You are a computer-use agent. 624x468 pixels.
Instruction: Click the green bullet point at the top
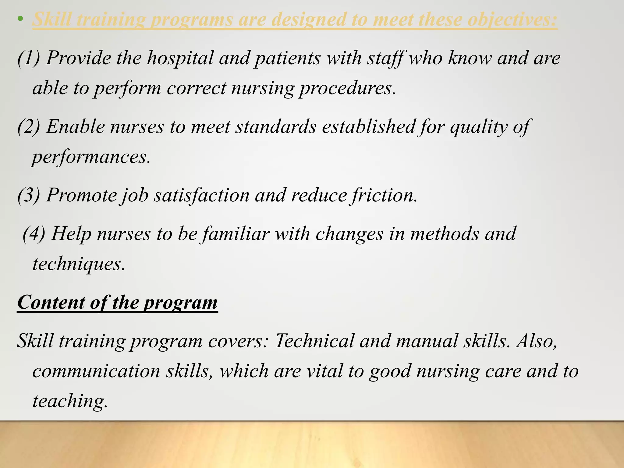click(x=20, y=19)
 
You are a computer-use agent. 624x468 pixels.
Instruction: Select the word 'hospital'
click(x=180, y=58)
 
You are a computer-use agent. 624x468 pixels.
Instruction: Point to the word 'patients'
click(x=287, y=58)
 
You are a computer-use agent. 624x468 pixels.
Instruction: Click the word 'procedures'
click(x=347, y=88)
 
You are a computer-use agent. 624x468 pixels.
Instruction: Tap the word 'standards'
click(x=276, y=126)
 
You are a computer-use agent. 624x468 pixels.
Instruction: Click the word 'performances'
click(x=91, y=157)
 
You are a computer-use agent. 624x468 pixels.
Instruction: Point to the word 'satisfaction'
click(x=201, y=195)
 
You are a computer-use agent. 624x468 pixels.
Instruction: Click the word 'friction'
click(x=385, y=195)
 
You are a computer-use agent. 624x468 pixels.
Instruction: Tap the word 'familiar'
click(x=236, y=234)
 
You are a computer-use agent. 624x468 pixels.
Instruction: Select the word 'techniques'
click(x=79, y=264)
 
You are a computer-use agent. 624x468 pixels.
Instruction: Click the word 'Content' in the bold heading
click(x=51, y=302)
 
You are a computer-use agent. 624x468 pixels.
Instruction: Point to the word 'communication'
click(x=96, y=371)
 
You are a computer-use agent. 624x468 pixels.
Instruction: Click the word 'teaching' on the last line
click(x=70, y=401)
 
